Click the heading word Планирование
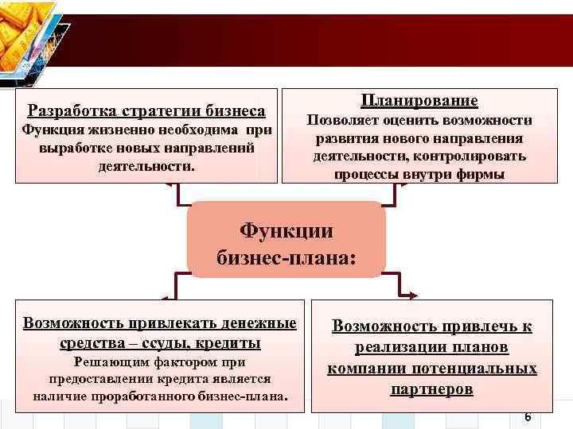[419, 101]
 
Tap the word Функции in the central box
[286, 230]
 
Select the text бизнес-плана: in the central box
[286, 258]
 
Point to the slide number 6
[528, 417]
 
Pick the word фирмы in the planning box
[479, 174]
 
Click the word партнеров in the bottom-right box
[432, 389]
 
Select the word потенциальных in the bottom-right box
[484, 369]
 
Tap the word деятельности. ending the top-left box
[145, 166]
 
